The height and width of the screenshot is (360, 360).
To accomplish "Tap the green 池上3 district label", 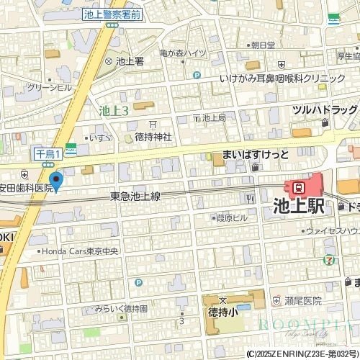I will pos(113,110).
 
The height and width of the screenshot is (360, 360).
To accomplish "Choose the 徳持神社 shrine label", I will pos(153,137).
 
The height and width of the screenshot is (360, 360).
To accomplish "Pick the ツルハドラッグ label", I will pos(324,109).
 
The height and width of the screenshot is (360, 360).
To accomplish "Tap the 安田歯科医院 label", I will pos(27,187).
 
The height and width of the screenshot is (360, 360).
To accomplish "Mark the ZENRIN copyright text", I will pos(302,354).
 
